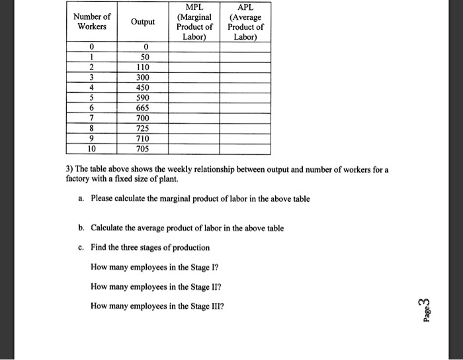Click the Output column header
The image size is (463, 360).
click(x=143, y=22)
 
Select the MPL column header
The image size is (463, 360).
click(x=194, y=22)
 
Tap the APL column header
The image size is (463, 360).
click(x=245, y=22)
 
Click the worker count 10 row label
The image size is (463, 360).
click(x=93, y=149)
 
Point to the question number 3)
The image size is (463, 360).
click(x=70, y=170)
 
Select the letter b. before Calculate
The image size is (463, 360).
click(x=81, y=228)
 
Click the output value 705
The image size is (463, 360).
click(x=143, y=149)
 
